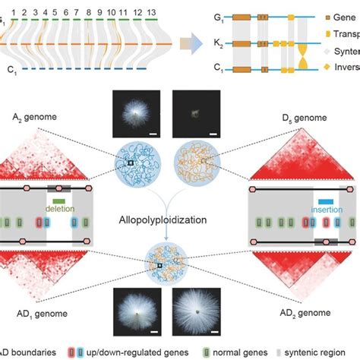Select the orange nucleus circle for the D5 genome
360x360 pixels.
(206, 162)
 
